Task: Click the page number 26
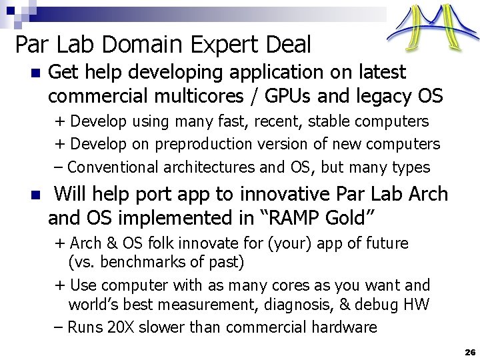(x=469, y=351)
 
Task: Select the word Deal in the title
(x=287, y=45)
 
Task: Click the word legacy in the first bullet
(x=377, y=96)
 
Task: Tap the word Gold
(x=343, y=218)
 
